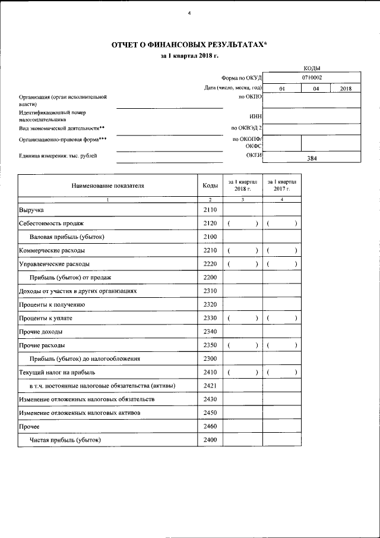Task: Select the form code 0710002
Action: coord(312,77)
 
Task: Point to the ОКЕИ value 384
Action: coord(312,159)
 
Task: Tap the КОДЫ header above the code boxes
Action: coord(312,68)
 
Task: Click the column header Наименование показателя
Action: coord(107,185)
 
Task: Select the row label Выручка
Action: coord(31,210)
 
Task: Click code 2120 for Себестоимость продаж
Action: coord(210,224)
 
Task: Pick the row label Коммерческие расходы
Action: coord(51,251)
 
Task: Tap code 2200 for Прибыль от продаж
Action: coord(210,278)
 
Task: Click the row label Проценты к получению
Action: coord(52,304)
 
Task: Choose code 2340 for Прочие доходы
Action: coord(210,331)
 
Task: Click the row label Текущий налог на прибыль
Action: coord(56,372)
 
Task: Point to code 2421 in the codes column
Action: coord(210,386)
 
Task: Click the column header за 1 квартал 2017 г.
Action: coord(281,184)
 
